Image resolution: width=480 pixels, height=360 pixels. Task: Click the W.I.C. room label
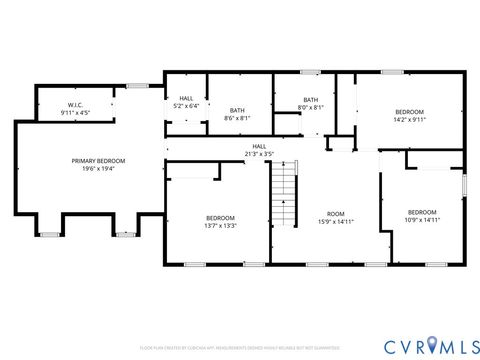(x=75, y=104)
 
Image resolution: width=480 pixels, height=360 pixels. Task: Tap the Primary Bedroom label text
(x=98, y=161)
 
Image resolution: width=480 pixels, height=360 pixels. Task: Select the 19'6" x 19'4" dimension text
(x=98, y=169)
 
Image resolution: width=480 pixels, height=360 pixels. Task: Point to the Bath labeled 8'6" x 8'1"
(x=237, y=114)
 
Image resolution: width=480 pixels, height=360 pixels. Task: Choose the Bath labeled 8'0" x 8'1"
(x=311, y=103)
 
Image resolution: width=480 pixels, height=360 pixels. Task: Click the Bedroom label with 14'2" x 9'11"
(x=409, y=115)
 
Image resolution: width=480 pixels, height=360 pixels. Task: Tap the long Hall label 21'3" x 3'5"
(x=259, y=150)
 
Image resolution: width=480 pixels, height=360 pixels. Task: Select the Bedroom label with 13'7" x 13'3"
(x=220, y=222)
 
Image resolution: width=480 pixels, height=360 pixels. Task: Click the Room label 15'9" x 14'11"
(x=336, y=218)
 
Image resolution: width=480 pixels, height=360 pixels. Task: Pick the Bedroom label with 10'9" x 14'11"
(x=422, y=215)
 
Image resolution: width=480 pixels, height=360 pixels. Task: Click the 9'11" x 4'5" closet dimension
(x=75, y=112)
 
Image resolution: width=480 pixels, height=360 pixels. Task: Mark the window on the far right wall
(x=465, y=185)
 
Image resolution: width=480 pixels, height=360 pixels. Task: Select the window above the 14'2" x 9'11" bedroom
(x=393, y=71)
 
